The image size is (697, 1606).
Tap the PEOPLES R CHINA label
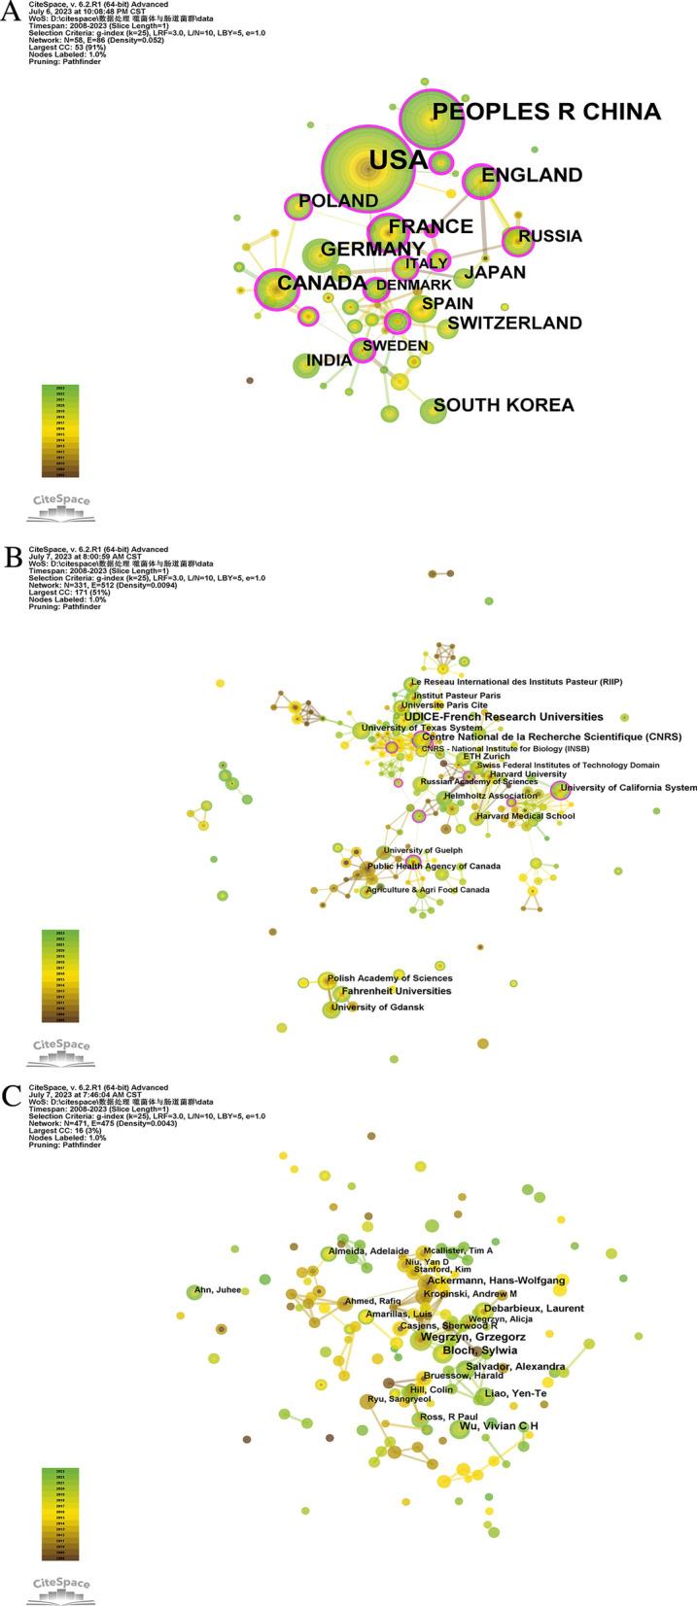tap(546, 113)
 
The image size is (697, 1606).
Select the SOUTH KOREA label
tap(504, 405)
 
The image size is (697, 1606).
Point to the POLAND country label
tap(338, 201)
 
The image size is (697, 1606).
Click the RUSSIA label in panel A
tap(550, 236)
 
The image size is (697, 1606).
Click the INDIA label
tap(329, 361)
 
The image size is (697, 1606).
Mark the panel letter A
tap(13, 14)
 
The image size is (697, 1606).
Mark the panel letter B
tap(13, 556)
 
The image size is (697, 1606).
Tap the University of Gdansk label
tap(377, 1008)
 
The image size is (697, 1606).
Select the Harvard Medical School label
tap(525, 816)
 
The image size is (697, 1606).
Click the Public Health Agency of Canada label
tap(433, 866)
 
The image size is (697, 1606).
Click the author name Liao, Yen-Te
tap(515, 1394)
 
